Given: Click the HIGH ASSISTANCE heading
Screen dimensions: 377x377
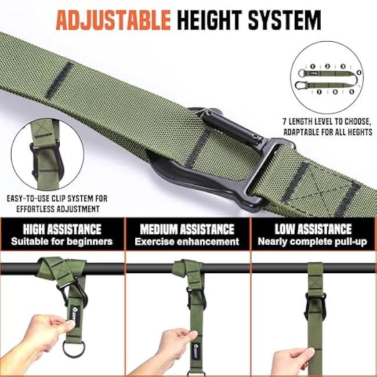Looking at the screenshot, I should tap(62, 229).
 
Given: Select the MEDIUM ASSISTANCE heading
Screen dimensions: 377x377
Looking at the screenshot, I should tap(187, 229).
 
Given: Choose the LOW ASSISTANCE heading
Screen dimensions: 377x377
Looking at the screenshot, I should tap(313, 229).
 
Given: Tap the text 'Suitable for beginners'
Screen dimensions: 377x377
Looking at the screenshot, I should tap(62, 241).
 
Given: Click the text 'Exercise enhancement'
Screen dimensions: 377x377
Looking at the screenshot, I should tap(187, 241).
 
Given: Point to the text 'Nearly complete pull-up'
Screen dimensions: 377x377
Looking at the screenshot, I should tap(313, 241).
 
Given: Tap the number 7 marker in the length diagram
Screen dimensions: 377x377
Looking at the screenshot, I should tap(311, 90).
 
